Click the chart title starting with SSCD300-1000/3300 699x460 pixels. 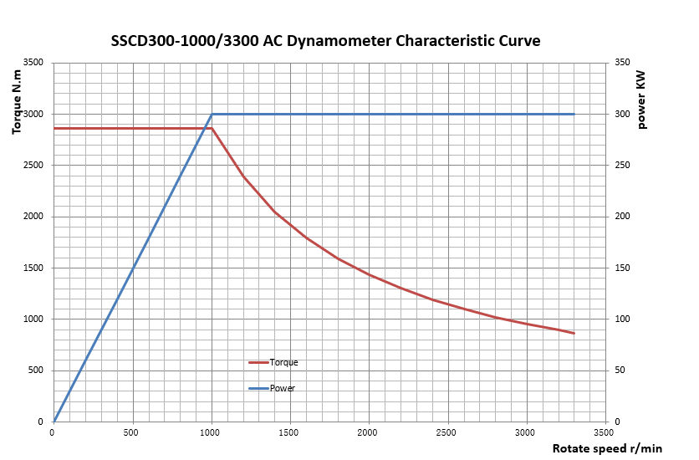click(325, 41)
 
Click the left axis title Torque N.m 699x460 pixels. click(18, 102)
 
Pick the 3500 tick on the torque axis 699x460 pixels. click(33, 63)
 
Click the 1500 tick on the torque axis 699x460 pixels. click(33, 268)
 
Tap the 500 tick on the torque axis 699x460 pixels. click(35, 371)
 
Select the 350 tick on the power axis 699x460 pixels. click(621, 63)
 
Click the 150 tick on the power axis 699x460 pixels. click(621, 268)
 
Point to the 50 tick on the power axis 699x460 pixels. click(620, 371)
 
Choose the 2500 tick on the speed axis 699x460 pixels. click(448, 432)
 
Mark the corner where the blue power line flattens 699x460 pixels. click(212, 114)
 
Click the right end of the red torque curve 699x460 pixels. click(574, 333)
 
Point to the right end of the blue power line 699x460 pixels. click(574, 114)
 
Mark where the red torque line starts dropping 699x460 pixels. click(212, 128)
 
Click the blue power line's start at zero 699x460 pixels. click(54, 422)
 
